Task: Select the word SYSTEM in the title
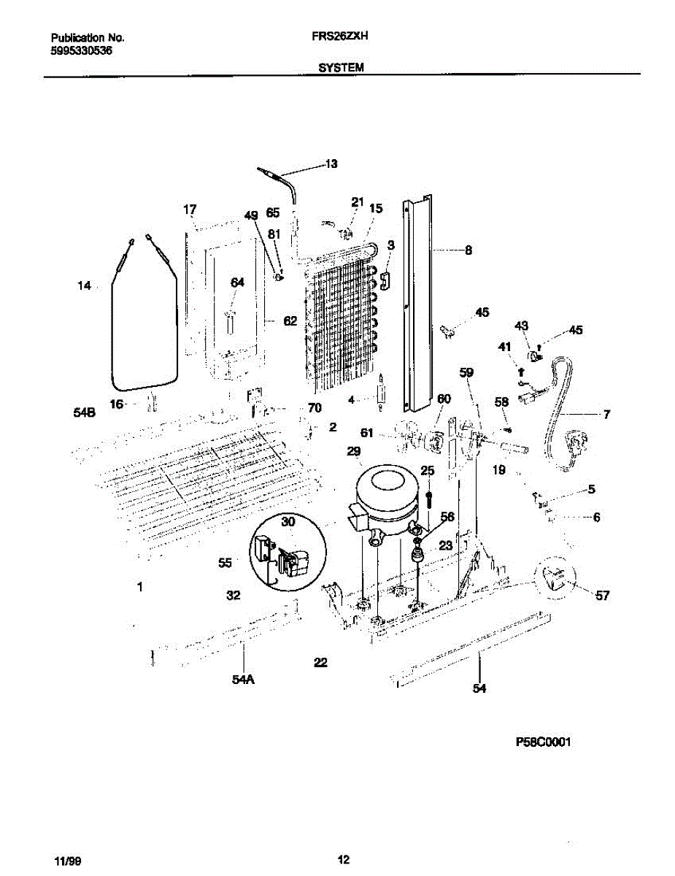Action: (341, 67)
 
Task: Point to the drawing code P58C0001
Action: (543, 742)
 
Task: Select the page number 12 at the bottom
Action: (344, 858)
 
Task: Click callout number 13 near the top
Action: (331, 164)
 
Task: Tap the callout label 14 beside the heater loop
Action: (85, 286)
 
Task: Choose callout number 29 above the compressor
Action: (354, 453)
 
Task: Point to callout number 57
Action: (601, 596)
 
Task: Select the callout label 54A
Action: (243, 680)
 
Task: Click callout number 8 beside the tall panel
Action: (468, 250)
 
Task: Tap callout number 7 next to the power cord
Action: (606, 415)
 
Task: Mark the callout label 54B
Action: (85, 412)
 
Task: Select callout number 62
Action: (290, 320)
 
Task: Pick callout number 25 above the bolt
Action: (427, 470)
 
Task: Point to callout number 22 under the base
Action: (320, 663)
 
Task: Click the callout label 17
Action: (190, 210)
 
